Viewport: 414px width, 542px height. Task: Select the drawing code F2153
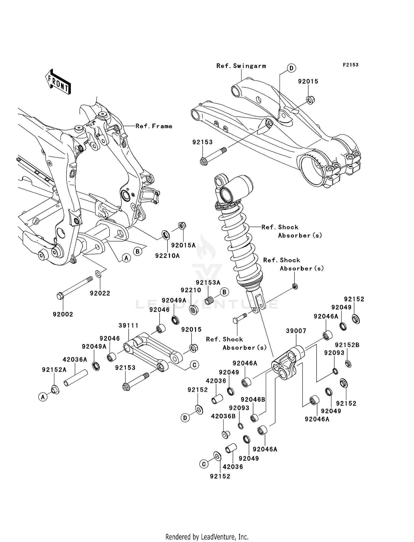[351, 65]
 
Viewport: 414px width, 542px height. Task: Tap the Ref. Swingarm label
[241, 66]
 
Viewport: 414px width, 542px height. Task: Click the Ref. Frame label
[154, 126]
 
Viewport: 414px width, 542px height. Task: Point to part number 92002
[63, 314]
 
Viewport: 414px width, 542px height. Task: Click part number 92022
[100, 293]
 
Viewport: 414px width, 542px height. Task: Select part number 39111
[128, 326]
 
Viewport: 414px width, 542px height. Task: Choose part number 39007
[296, 331]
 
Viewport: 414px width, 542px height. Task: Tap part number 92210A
[167, 256]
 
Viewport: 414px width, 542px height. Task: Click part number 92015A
[183, 245]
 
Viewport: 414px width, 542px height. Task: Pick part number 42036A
[75, 360]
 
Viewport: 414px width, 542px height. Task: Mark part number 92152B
[347, 345]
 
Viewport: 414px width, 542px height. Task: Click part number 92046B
[253, 399]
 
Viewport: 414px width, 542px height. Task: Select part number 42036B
[223, 416]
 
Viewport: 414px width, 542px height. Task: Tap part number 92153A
[208, 283]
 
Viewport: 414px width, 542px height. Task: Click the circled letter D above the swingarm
[291, 68]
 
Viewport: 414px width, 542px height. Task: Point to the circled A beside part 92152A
[43, 397]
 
